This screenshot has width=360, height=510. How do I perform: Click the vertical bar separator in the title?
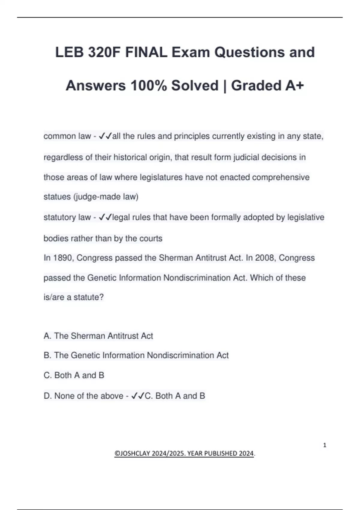(x=225, y=86)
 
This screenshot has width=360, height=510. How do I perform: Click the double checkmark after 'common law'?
(x=105, y=136)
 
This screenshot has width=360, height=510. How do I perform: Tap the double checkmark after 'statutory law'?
(x=105, y=217)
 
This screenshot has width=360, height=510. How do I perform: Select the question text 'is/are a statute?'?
(x=73, y=297)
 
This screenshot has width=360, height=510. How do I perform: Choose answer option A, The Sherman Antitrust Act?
(x=98, y=336)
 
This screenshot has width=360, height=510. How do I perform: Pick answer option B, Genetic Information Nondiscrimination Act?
(x=136, y=355)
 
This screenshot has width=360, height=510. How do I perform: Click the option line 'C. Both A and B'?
(x=74, y=375)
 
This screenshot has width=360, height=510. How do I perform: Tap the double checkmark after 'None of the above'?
(x=138, y=396)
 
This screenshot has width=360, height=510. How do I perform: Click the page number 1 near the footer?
(x=325, y=445)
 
